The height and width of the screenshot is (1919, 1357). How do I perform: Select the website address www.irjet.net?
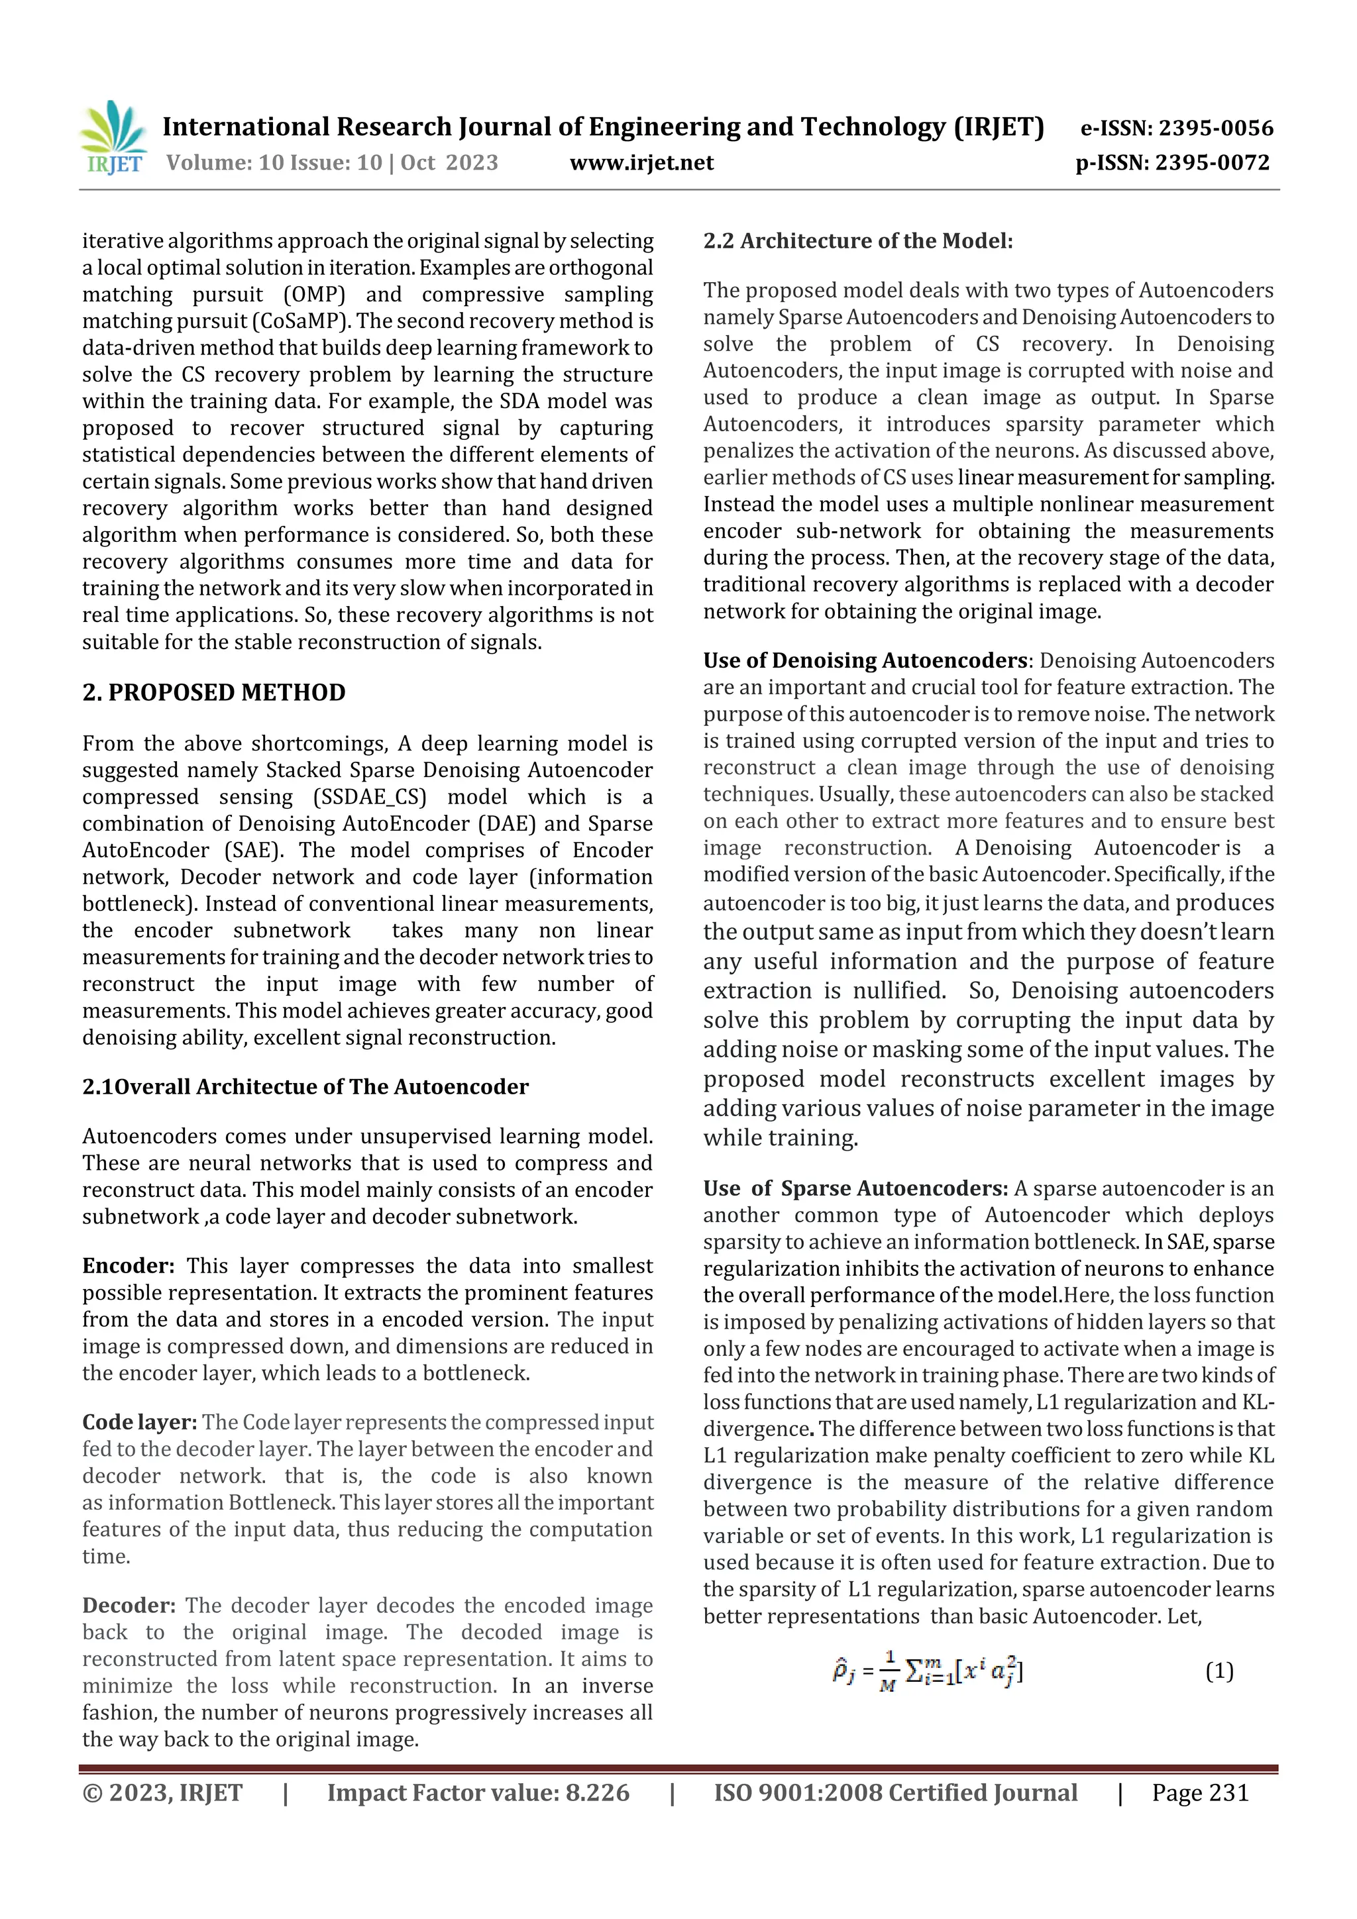point(641,163)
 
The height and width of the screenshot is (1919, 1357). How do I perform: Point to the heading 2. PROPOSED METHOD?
point(214,693)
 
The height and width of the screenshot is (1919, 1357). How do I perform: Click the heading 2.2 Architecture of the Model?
point(858,242)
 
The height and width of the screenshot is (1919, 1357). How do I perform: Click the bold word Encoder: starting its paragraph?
point(128,1267)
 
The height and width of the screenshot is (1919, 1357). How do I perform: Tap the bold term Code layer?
point(140,1423)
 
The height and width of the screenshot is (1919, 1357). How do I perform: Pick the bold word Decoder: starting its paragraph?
point(129,1606)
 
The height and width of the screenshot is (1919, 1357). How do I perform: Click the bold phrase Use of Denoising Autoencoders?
point(865,660)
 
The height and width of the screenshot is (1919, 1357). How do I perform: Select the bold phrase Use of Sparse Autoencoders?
point(855,1188)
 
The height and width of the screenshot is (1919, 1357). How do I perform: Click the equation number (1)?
point(1219,1672)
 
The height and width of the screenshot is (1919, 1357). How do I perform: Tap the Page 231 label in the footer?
point(1200,1792)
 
